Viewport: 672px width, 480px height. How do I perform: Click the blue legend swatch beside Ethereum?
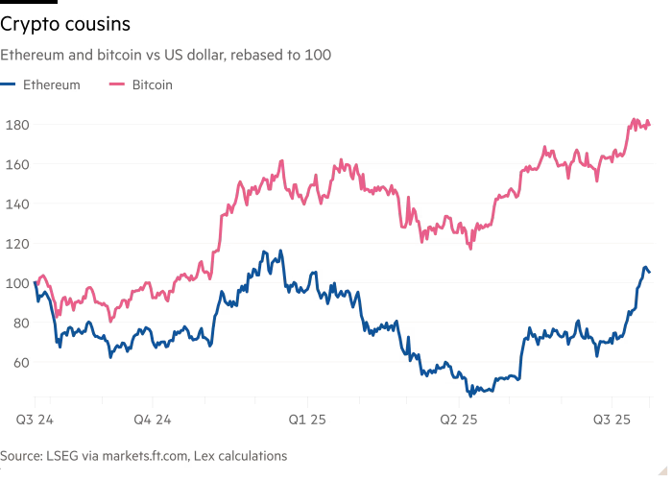(x=11, y=84)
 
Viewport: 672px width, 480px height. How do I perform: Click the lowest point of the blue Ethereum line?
(x=471, y=394)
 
